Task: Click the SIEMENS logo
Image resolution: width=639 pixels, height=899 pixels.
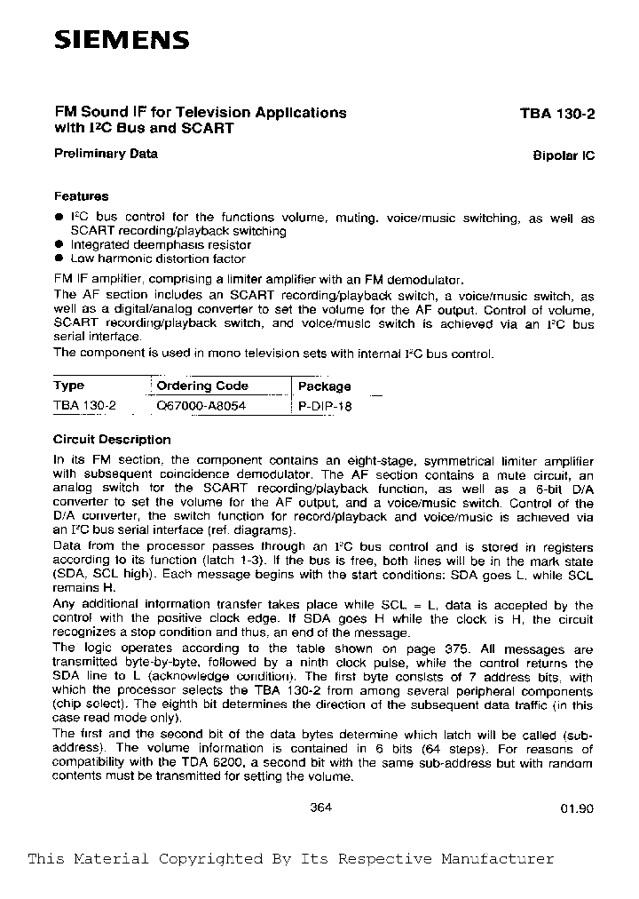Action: [x=122, y=40]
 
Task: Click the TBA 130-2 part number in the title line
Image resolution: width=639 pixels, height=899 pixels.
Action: [x=557, y=114]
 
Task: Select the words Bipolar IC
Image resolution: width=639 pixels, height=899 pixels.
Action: [x=564, y=155]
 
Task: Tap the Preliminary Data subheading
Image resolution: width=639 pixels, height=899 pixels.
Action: [x=106, y=153]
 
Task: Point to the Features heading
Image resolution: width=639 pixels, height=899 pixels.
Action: [x=81, y=196]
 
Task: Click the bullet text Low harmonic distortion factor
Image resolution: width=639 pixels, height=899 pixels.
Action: [x=158, y=259]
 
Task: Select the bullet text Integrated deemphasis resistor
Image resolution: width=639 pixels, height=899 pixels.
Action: [x=161, y=244]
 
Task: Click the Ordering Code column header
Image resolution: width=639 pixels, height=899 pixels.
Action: [x=202, y=386]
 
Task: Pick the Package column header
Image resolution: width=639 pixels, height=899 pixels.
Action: [x=324, y=386]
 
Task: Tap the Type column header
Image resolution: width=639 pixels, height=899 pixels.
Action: [x=69, y=386]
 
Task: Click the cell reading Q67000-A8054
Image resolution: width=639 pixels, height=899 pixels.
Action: [x=201, y=406]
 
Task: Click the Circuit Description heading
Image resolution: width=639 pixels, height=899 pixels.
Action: [x=112, y=440]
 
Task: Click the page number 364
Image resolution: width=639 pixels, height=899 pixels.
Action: [x=321, y=808]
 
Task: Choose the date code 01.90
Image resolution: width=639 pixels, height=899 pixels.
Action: [x=577, y=808]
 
